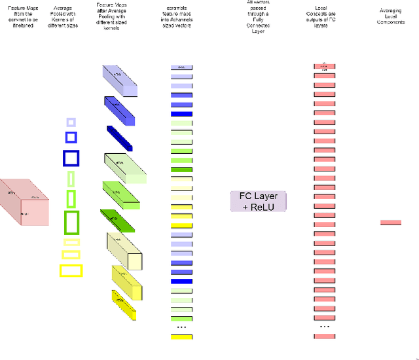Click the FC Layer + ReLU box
point(259,201)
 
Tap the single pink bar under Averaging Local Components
point(390,223)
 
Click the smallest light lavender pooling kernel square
point(71,122)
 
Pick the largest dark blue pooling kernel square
point(71,158)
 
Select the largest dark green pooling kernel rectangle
point(71,223)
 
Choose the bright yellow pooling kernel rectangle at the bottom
point(71,270)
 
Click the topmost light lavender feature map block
point(120,82)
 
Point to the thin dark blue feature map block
point(120,138)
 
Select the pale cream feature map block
point(124,251)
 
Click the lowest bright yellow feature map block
point(123,305)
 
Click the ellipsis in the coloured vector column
point(181,327)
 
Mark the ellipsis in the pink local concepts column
point(324,326)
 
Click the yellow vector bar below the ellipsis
point(181,336)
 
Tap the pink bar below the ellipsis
point(324,336)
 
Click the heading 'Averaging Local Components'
point(391,16)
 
